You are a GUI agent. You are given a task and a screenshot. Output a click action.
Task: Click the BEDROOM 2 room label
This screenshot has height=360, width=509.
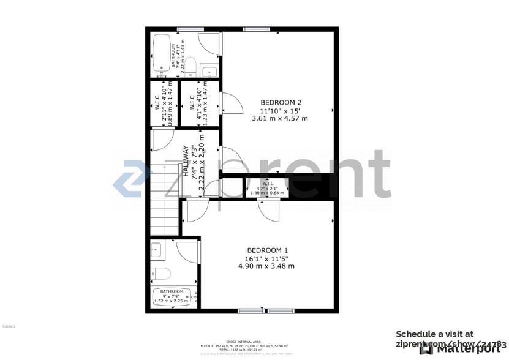point(281,102)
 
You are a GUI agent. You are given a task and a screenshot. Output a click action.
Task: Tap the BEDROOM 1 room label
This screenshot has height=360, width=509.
point(267,250)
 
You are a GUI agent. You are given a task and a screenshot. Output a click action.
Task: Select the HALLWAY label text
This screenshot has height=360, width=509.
point(186,160)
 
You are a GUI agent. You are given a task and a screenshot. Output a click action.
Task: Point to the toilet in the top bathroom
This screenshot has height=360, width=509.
point(190,66)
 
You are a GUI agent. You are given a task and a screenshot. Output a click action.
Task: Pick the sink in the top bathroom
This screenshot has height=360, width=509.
point(209,72)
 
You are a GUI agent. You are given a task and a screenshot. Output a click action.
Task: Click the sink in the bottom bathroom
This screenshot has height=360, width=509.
point(156,249)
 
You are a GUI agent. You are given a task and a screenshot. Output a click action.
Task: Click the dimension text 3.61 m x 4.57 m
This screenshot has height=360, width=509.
point(280,119)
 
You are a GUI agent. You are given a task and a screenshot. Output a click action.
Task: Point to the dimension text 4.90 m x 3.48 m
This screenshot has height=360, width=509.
point(266,266)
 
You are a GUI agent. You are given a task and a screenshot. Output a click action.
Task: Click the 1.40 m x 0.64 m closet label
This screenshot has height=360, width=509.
point(268,193)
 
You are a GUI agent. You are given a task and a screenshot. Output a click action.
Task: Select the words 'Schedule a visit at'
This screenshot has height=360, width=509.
point(434,334)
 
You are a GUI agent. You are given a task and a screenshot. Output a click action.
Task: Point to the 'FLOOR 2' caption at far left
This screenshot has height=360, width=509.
point(9,327)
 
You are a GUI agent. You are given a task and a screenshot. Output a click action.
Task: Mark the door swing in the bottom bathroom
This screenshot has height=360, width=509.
point(186,252)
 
